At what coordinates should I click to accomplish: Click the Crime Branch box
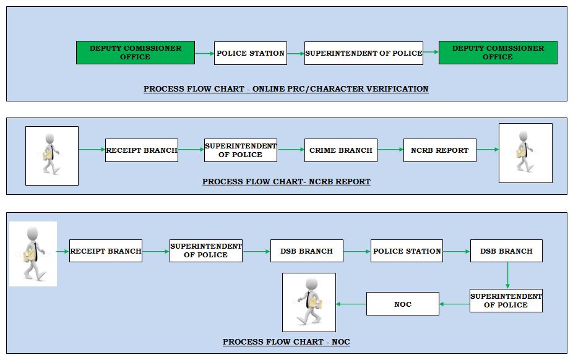(340, 150)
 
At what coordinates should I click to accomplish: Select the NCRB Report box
(439, 150)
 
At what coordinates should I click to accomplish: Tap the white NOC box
(403, 304)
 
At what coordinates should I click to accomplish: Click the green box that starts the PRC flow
(136, 53)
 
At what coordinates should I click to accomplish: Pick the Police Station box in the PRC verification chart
(251, 53)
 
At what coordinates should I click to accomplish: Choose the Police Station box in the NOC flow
(407, 251)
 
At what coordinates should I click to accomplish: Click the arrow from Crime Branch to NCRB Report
(390, 149)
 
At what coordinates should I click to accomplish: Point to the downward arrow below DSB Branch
(507, 275)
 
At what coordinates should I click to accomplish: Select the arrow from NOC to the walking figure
(351, 304)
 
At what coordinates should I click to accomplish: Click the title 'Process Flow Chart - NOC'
(286, 342)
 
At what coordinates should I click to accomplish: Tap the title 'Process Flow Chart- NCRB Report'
(286, 182)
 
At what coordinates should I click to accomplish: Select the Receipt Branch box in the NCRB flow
(142, 150)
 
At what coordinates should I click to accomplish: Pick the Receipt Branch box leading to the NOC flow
(106, 251)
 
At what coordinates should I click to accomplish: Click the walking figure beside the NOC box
(309, 302)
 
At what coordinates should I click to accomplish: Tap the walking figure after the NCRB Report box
(525, 153)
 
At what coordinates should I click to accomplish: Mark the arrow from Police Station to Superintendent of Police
(296, 54)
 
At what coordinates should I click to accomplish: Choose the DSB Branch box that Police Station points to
(506, 251)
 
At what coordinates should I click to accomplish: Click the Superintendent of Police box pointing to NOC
(506, 301)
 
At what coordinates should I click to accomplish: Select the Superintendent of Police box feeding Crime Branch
(241, 150)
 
